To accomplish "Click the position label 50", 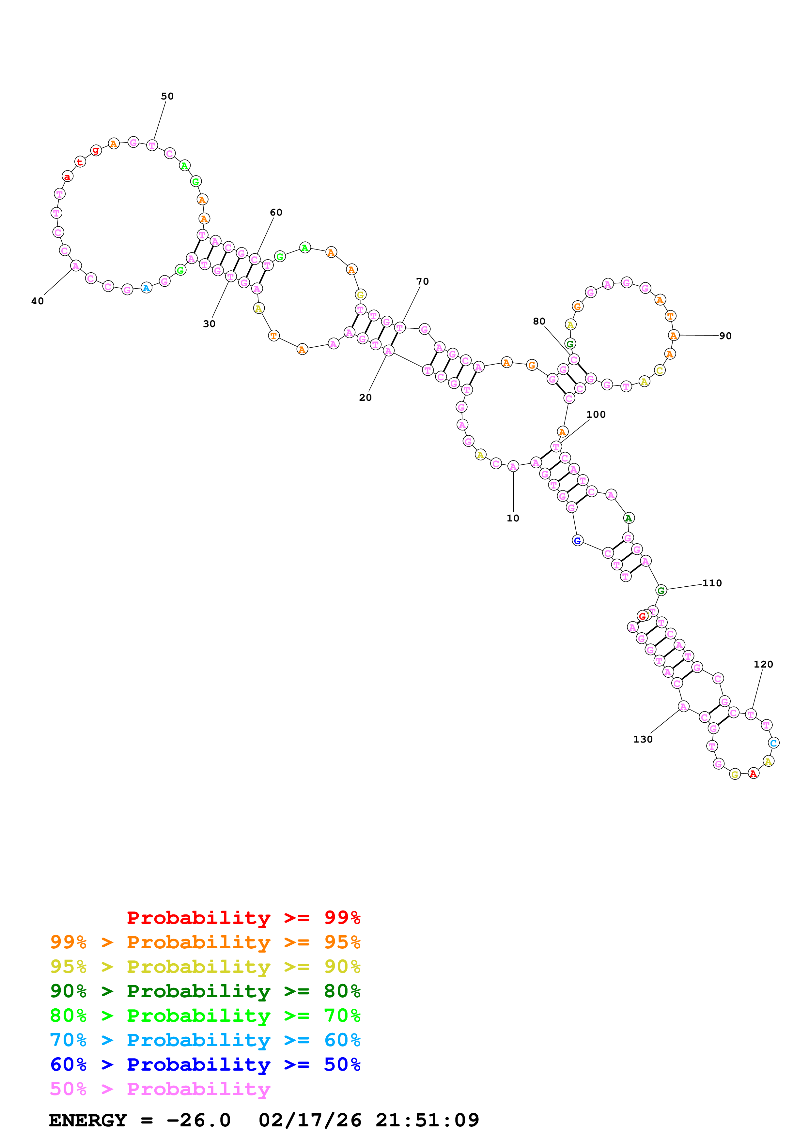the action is tap(167, 96).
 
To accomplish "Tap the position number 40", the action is tap(38, 301).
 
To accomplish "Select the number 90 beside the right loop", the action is tap(725, 336).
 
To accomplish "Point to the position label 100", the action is tap(596, 414).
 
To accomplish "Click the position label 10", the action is tap(513, 518).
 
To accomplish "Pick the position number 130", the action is tap(643, 739).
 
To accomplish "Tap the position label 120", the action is tap(763, 664).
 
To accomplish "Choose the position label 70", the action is tap(422, 281).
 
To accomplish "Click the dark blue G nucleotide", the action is tap(577, 541).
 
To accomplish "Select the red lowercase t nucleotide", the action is tap(80, 162).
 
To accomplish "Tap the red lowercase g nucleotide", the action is tap(96, 150).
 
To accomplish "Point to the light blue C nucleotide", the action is tap(773, 743).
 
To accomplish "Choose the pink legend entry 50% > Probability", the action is tap(160, 1089).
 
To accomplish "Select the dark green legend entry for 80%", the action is tap(205, 991).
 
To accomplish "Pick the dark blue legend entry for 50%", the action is tap(205, 1065).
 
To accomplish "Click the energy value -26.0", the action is tap(198, 1121).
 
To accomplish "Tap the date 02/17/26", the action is tap(310, 1121).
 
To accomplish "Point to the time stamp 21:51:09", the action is tap(427, 1121).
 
